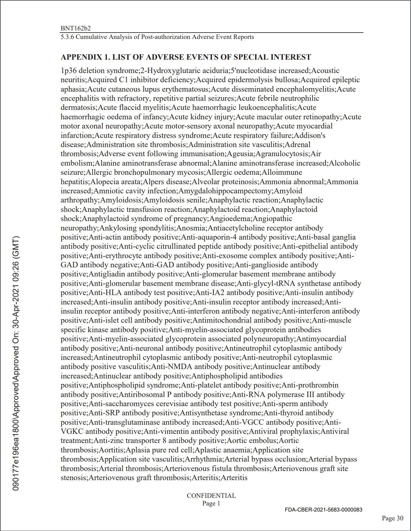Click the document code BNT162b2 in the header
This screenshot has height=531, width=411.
76,28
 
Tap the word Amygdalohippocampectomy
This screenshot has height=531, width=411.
225,191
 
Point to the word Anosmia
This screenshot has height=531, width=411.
191,228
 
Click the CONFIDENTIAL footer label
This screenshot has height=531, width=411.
211,496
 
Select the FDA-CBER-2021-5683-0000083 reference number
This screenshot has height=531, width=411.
324,510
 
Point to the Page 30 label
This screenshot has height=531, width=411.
392,518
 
